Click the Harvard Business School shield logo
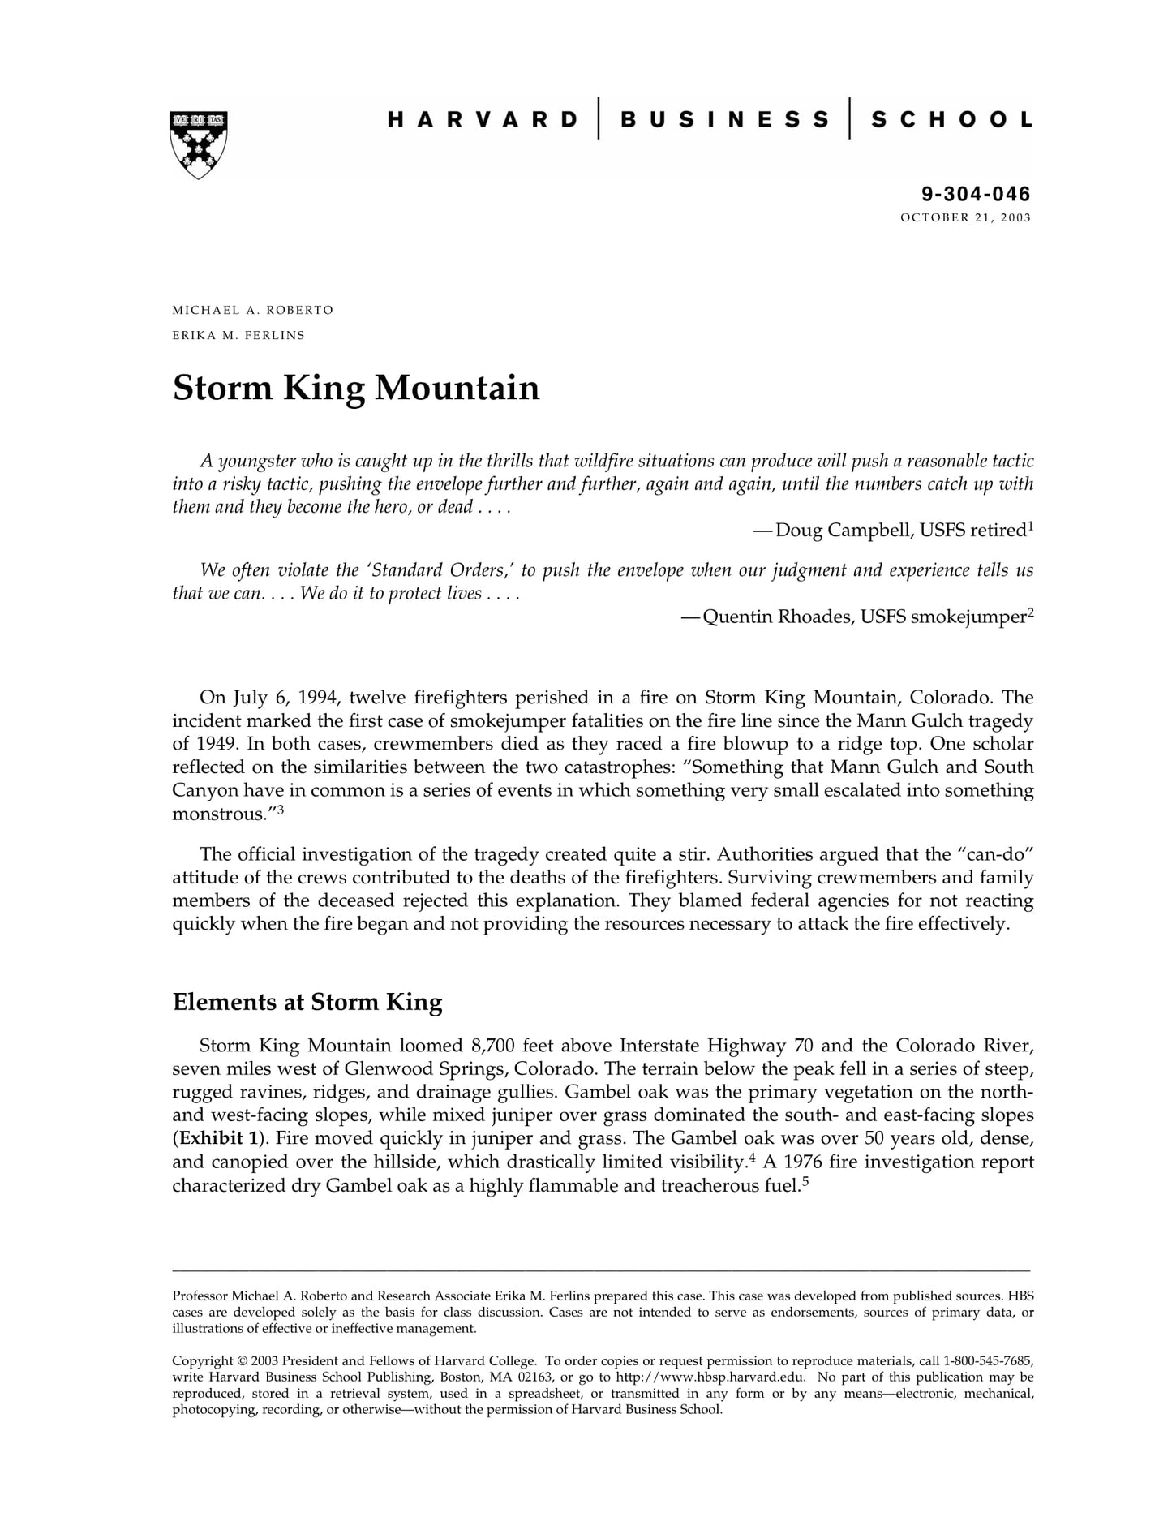[x=199, y=144]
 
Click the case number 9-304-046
[x=975, y=194]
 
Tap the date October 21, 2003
[x=965, y=217]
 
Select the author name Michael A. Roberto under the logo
[x=252, y=311]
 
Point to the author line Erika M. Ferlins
[x=238, y=335]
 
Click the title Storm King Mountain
[x=356, y=388]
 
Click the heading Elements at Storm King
[x=307, y=1002]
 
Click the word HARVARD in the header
[x=483, y=120]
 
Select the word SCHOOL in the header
[x=951, y=120]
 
